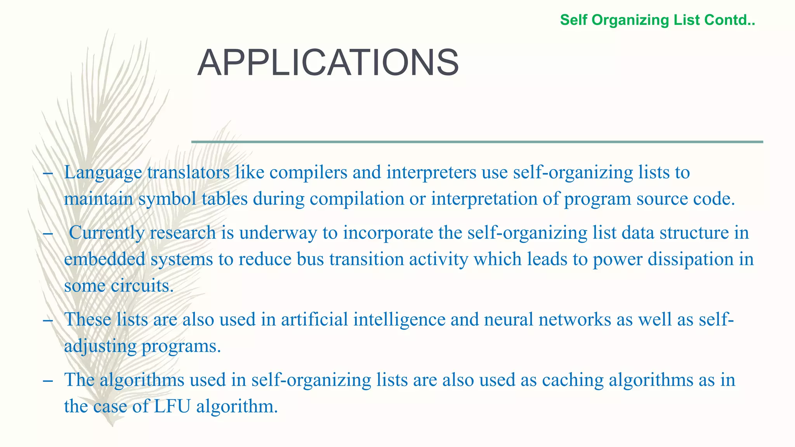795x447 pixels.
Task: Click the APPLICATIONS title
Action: (x=328, y=63)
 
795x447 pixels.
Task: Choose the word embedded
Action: (x=104, y=259)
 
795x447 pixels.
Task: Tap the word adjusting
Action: (x=100, y=346)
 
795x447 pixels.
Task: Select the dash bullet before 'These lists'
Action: (x=48, y=320)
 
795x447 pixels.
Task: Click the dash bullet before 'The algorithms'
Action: (x=48, y=380)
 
